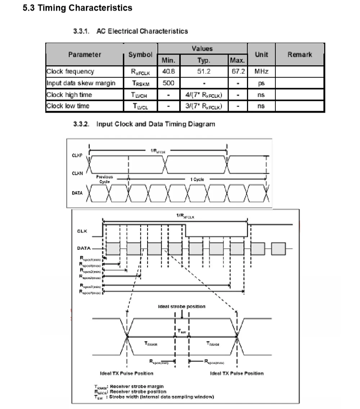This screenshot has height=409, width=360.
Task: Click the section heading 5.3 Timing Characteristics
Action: tap(77, 8)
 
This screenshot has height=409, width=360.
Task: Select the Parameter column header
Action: tap(85, 55)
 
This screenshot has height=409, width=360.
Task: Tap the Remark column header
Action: tap(300, 55)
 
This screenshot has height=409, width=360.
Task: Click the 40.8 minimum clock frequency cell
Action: tap(168, 72)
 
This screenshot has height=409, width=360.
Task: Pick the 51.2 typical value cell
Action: tap(204, 72)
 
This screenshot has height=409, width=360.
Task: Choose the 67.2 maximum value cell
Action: tap(238, 72)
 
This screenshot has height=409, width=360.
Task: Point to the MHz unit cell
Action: tap(261, 72)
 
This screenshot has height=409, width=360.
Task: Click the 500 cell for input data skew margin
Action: tap(168, 83)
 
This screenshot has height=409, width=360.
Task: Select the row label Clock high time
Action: tap(69, 95)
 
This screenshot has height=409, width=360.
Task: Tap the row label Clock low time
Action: tap(68, 106)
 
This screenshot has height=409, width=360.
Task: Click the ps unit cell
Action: tap(261, 83)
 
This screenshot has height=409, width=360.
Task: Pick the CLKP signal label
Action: tap(77, 156)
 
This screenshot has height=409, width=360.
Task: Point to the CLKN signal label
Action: tap(77, 173)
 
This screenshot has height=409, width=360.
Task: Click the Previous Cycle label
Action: tap(104, 179)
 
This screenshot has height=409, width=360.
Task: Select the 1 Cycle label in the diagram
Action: tap(197, 179)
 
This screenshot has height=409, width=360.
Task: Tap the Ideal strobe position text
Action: tap(182, 306)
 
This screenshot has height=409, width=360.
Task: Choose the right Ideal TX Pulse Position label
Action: tap(237, 373)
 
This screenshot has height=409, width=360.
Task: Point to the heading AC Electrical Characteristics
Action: tap(142, 31)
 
